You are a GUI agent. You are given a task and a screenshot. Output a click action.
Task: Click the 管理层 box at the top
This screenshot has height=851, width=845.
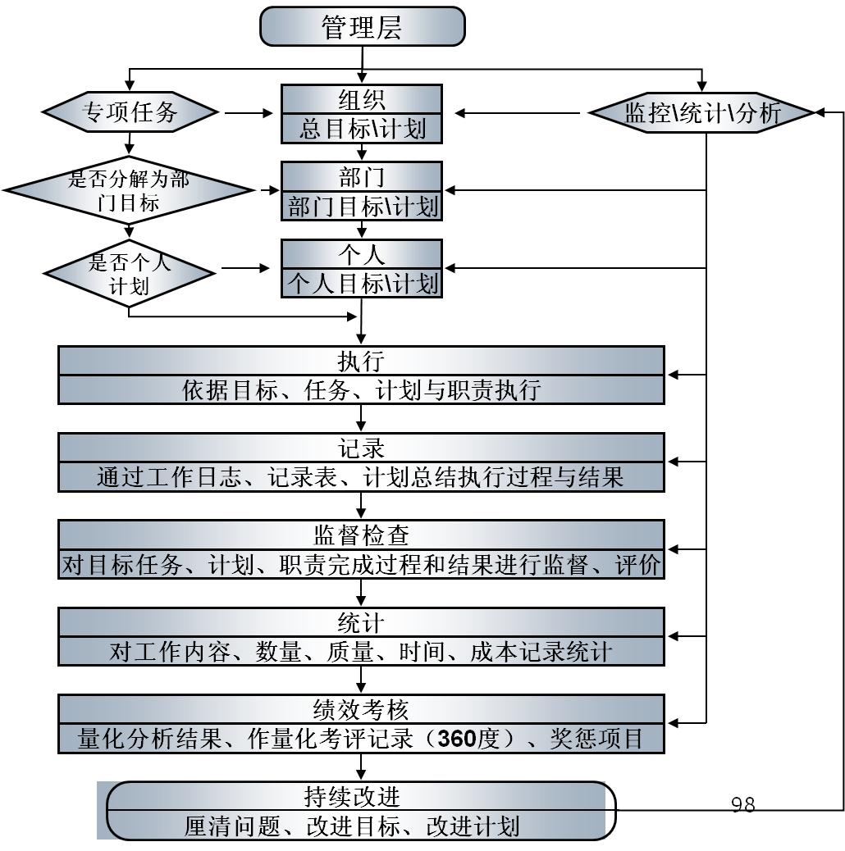coord(362,27)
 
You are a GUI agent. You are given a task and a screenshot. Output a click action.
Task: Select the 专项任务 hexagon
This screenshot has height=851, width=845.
coord(130,111)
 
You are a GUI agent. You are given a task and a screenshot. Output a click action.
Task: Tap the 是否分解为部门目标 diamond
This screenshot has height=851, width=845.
coord(128,190)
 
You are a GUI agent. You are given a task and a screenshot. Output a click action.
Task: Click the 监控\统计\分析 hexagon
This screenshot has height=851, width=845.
coord(702,112)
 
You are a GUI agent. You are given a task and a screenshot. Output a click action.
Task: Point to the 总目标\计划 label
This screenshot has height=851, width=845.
coord(362,129)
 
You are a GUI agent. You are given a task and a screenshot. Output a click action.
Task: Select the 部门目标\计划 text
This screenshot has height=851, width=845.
coord(362,206)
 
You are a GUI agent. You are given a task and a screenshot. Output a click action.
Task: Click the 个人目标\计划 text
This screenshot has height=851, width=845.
coord(362,284)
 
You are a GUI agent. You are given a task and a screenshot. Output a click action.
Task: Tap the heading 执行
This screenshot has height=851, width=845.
coord(361,361)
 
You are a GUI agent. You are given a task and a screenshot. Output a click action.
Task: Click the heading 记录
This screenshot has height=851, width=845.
coord(361,448)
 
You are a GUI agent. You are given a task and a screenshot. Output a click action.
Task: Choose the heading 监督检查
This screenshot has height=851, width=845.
coord(361,535)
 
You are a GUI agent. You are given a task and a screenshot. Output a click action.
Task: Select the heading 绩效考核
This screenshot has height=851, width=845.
coord(361,708)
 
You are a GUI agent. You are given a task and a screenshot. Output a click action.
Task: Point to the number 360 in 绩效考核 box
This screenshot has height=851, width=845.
coord(457,739)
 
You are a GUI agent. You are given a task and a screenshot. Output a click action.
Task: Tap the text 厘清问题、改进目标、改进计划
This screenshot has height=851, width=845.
coord(352,826)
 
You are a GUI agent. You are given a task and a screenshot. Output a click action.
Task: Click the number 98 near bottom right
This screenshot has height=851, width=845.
coord(742,804)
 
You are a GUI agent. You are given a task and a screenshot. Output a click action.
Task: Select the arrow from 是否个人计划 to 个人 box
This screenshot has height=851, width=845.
coord(245,268)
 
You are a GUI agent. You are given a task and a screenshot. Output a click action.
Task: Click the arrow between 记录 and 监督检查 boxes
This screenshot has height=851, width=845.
coord(361,504)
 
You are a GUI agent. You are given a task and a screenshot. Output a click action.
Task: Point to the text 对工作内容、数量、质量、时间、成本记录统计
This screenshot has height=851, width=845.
coord(361,652)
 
